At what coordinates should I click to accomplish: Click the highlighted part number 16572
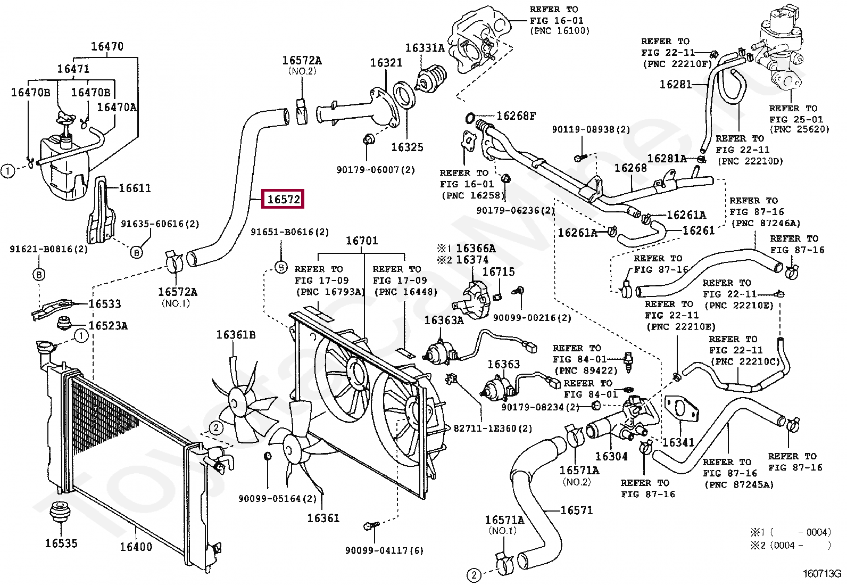coord(284,200)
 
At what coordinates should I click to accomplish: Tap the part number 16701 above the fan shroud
coord(362,241)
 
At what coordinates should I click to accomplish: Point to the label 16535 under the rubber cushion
coord(61,543)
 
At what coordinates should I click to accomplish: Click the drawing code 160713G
coord(821,574)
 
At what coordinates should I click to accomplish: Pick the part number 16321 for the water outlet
coord(386,63)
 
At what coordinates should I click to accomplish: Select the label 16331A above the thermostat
coord(425,48)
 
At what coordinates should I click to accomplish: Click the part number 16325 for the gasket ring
coord(407,147)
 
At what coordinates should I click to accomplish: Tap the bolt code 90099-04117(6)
coord(384,550)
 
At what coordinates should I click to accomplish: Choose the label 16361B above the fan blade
coord(236,335)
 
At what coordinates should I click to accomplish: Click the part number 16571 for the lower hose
coord(576,510)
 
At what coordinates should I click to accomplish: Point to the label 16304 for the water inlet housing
coord(611,456)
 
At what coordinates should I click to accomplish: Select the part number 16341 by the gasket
coord(678,442)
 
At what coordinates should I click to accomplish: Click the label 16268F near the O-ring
coord(516,116)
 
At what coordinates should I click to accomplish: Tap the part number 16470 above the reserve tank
coord(107,46)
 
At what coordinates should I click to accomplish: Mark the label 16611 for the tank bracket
coord(135,188)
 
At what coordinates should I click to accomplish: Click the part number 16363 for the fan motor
coord(503,364)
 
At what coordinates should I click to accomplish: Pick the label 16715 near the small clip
coord(499,271)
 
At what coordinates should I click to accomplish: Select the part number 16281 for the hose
coord(676,84)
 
